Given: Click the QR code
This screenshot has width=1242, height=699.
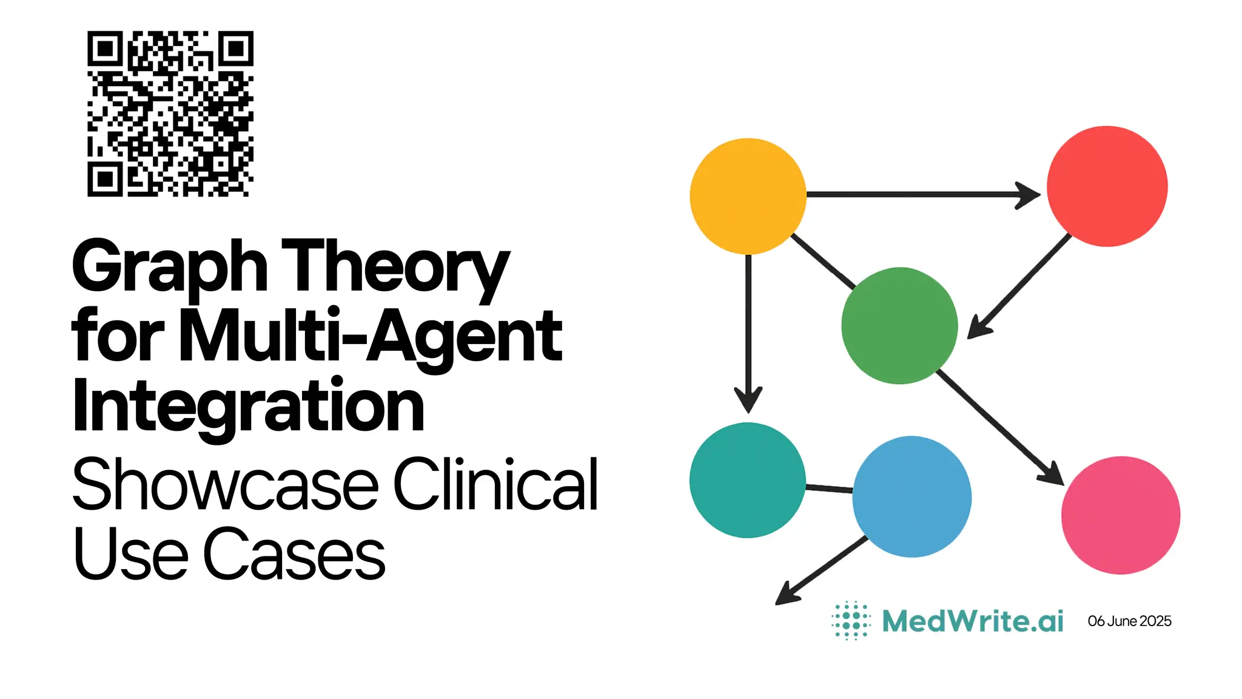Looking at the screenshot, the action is click(170, 113).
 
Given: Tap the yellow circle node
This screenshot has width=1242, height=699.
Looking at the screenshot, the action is click(748, 196).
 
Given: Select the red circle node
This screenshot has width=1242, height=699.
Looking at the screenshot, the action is click(1107, 186).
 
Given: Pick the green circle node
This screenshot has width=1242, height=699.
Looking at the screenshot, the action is click(899, 325).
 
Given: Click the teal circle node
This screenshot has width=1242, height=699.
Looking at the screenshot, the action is click(747, 480).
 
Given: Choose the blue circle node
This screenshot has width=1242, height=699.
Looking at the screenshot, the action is click(911, 496).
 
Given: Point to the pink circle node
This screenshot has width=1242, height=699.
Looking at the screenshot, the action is click(1121, 515).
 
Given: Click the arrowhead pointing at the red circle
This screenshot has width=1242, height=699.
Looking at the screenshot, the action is click(1029, 195).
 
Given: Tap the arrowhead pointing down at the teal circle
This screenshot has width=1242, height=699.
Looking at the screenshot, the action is click(748, 400).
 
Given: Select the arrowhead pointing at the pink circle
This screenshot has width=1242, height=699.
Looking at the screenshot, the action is click(1053, 474).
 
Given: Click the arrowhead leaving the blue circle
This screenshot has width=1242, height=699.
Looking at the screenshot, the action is click(788, 594).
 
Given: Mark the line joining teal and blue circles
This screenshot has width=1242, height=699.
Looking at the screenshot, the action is click(829, 488).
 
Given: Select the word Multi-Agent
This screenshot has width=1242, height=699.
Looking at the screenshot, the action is click(371, 337).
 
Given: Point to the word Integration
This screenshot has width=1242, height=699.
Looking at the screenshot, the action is click(249, 405).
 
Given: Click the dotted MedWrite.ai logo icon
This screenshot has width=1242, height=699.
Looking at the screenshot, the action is click(851, 621).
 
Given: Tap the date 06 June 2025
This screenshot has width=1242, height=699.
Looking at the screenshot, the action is click(1129, 621).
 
